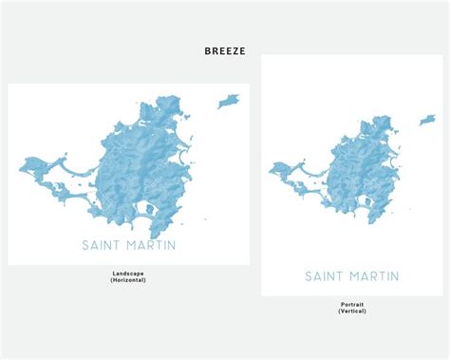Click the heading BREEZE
point(224,51)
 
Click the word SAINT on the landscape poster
point(102,247)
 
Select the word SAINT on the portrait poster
point(325,276)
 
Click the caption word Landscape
point(129,274)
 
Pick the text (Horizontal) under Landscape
point(129,280)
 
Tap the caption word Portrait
point(351,305)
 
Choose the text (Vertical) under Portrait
point(351,312)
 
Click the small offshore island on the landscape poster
point(228,101)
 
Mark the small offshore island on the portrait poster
point(429,121)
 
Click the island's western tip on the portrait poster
point(272,171)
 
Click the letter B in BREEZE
point(207,51)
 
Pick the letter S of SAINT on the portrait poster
point(309,276)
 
